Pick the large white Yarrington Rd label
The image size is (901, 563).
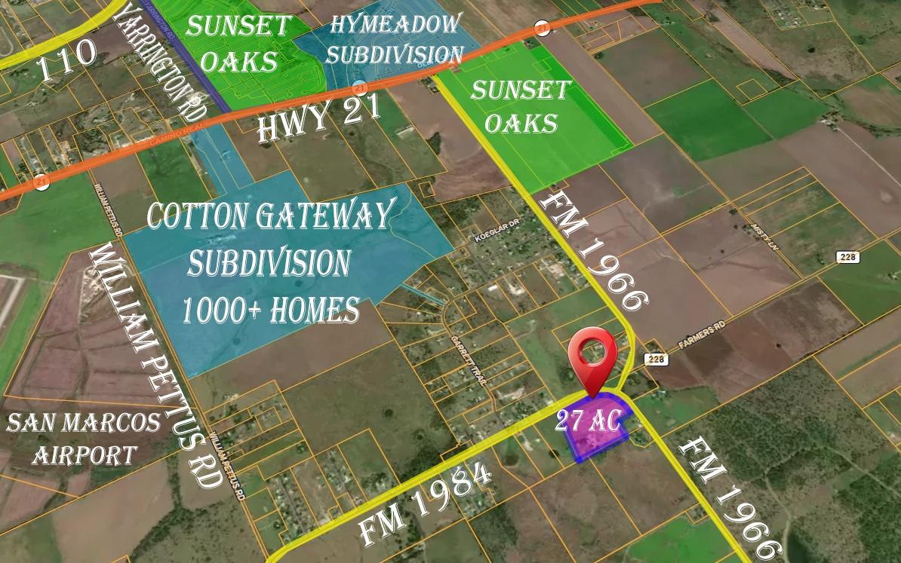(x=161, y=60)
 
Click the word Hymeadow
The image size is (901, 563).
(x=395, y=23)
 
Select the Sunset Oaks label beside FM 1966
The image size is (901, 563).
(x=521, y=106)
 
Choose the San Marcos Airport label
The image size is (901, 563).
(x=83, y=438)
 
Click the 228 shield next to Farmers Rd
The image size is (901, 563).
(x=654, y=360)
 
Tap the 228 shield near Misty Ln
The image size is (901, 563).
(x=848, y=257)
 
